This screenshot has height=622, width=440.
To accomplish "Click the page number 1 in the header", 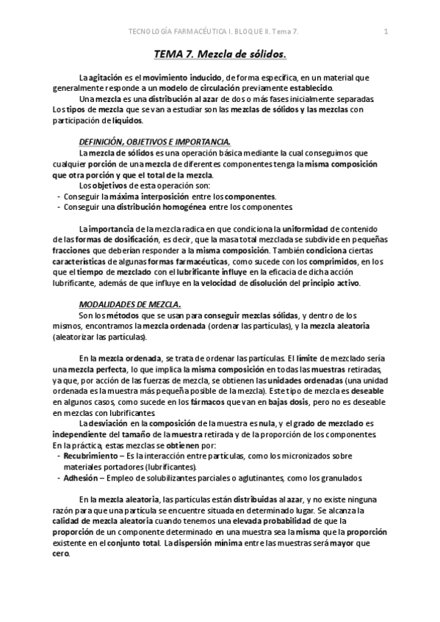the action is (386, 31).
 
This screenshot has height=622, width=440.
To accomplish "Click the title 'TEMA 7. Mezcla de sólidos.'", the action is (220, 55).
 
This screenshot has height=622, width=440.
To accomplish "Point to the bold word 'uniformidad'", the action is (308, 229).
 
